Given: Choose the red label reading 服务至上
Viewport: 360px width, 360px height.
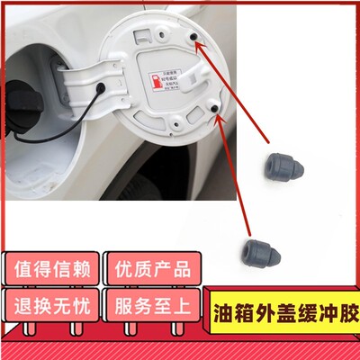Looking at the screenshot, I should pyautogui.click(x=148, y=303).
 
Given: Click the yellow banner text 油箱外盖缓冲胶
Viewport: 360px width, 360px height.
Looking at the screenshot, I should pyautogui.click(x=282, y=316).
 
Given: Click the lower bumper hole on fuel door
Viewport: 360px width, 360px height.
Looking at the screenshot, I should pyautogui.click(x=216, y=108).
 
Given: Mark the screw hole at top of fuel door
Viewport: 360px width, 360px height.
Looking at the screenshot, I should pyautogui.click(x=159, y=31).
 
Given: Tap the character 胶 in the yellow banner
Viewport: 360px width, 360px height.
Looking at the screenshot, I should pyautogui.click(x=340, y=316).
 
